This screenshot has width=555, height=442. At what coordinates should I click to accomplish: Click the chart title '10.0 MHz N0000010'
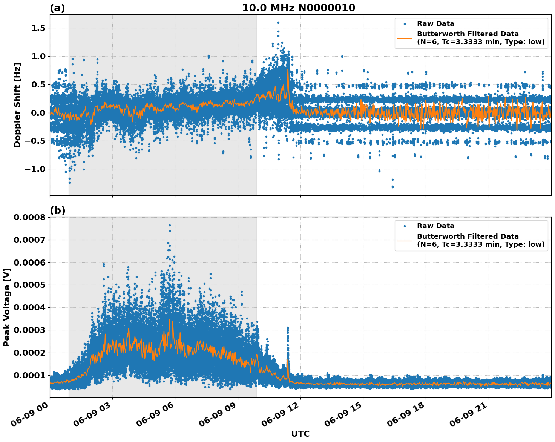point(298,8)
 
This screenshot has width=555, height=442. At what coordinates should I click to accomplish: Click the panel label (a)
point(57,8)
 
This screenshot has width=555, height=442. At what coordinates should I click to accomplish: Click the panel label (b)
point(57,210)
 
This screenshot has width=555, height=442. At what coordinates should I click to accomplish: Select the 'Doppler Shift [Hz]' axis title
point(17,105)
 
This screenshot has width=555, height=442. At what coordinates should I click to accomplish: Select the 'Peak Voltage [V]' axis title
point(7,307)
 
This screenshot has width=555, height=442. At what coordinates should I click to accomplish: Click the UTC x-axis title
point(300,434)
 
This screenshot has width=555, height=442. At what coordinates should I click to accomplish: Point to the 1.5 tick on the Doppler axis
point(37,28)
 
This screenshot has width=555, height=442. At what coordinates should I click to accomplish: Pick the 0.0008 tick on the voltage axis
point(29,218)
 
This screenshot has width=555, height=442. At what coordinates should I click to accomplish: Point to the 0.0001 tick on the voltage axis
point(29,375)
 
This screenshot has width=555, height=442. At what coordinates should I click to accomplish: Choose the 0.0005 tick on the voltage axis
point(29,285)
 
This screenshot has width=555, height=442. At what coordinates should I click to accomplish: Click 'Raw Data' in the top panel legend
point(435,24)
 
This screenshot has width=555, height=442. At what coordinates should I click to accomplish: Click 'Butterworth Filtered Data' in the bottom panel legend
point(468,236)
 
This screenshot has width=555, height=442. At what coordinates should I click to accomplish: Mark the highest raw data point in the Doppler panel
point(278,23)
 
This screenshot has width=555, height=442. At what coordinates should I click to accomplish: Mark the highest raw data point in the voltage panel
point(170,225)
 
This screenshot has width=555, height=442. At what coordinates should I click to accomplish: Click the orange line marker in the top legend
point(405,38)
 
